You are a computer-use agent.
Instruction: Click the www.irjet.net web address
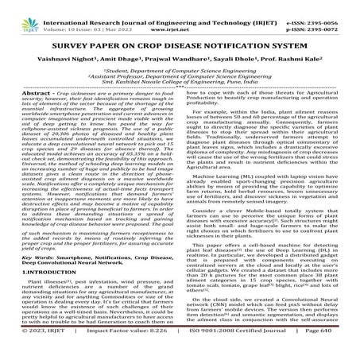tap(184, 16)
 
